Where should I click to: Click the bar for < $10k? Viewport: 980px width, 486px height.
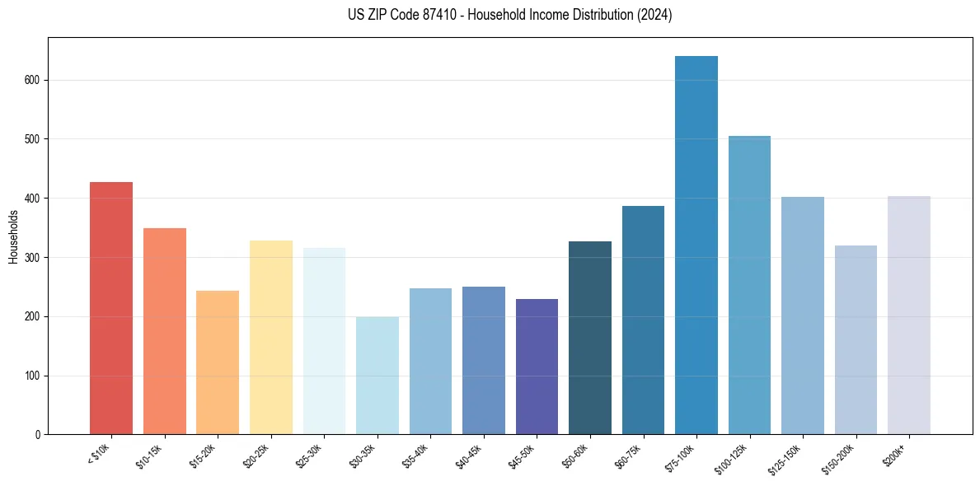[x=111, y=308]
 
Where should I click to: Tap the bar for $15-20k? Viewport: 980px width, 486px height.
[x=218, y=362]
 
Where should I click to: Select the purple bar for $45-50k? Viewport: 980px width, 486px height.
[x=537, y=367]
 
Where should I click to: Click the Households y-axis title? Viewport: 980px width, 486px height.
[x=13, y=236]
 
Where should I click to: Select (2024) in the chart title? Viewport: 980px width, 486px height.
[x=655, y=15]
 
